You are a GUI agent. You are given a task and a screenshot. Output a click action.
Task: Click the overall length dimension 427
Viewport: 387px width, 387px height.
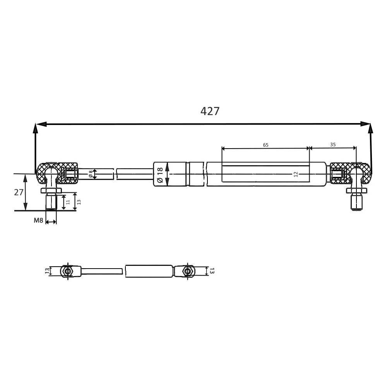(210, 111)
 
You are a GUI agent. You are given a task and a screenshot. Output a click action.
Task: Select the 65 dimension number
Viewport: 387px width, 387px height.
(265, 145)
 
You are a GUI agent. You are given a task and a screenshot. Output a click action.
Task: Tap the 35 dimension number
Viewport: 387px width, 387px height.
(333, 145)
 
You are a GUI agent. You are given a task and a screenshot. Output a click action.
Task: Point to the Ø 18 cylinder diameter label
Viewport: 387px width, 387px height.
(160, 175)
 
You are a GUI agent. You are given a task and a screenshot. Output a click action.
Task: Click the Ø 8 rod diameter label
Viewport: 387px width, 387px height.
(91, 174)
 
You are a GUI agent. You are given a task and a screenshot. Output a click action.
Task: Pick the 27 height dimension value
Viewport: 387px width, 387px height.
(19, 192)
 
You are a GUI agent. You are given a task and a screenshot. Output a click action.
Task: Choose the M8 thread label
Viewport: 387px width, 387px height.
(38, 221)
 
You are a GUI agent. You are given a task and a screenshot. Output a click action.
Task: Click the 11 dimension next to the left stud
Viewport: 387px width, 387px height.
(68, 202)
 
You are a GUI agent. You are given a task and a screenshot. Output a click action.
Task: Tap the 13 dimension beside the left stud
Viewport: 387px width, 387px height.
(79, 202)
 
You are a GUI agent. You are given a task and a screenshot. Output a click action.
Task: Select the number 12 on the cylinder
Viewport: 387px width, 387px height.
(296, 174)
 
